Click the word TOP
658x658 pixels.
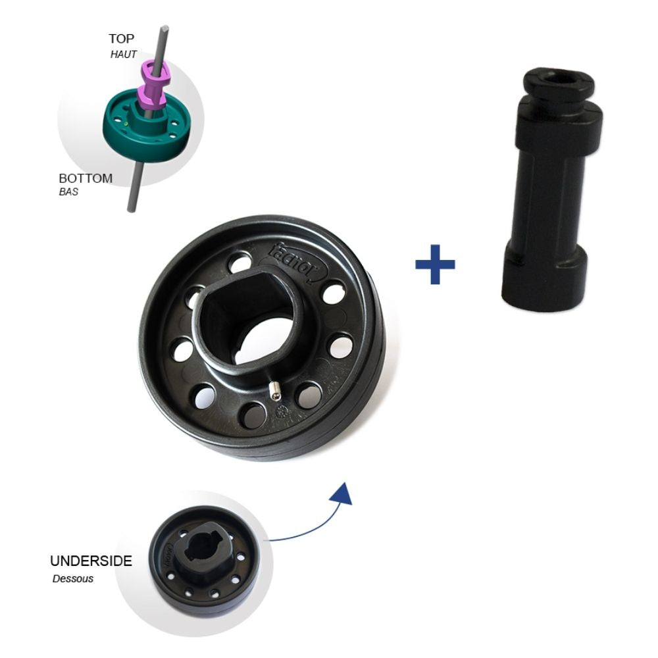pyautogui.click(x=122, y=39)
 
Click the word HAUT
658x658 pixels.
pyautogui.click(x=124, y=55)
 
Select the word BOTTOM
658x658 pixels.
pyautogui.click(x=86, y=178)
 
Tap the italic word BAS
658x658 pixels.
pyautogui.click(x=68, y=193)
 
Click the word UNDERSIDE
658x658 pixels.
pyautogui.click(x=91, y=561)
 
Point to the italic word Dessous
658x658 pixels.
pyautogui.click(x=73, y=579)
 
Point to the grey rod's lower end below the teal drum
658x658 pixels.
pyautogui.click(x=132, y=194)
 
